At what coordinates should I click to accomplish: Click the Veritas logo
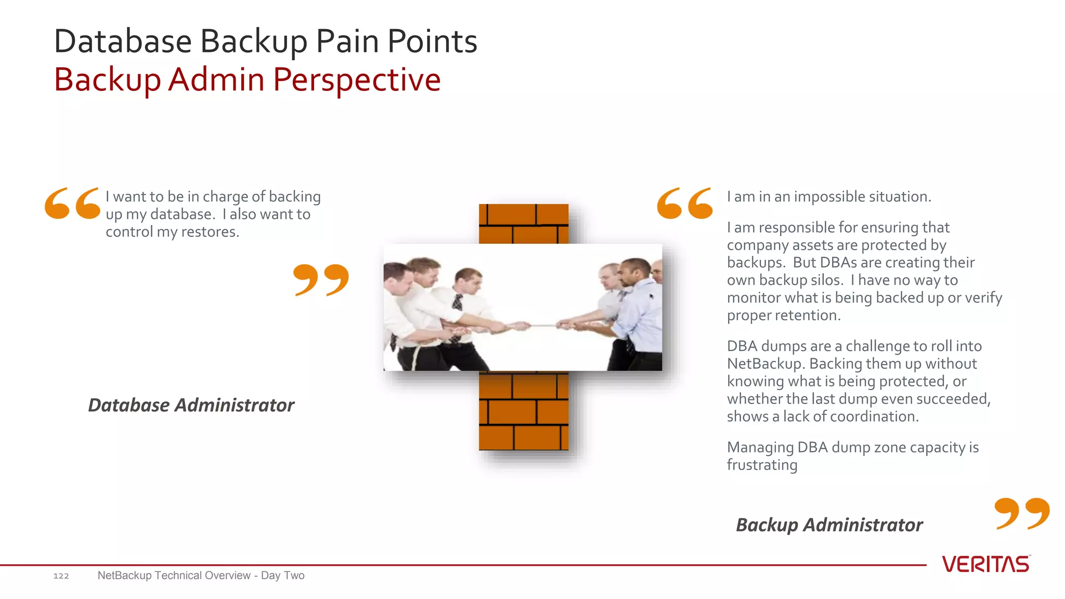click(x=985, y=564)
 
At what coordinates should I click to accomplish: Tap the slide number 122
click(x=61, y=576)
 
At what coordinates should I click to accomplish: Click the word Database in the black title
click(x=123, y=42)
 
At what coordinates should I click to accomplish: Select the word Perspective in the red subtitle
click(x=357, y=80)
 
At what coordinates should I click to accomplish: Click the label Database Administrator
click(x=191, y=405)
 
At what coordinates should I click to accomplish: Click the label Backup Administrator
click(x=829, y=525)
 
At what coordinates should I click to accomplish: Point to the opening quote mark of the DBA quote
click(x=72, y=203)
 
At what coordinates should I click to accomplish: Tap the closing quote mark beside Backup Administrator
click(x=1021, y=513)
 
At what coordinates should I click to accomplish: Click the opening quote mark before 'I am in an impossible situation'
click(x=684, y=203)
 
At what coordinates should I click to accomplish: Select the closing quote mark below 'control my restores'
click(x=321, y=279)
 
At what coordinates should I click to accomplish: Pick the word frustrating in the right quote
click(x=762, y=465)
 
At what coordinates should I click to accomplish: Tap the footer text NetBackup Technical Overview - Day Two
click(x=201, y=576)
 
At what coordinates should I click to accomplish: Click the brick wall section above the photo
click(x=523, y=224)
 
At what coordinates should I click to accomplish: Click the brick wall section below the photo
click(x=523, y=411)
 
